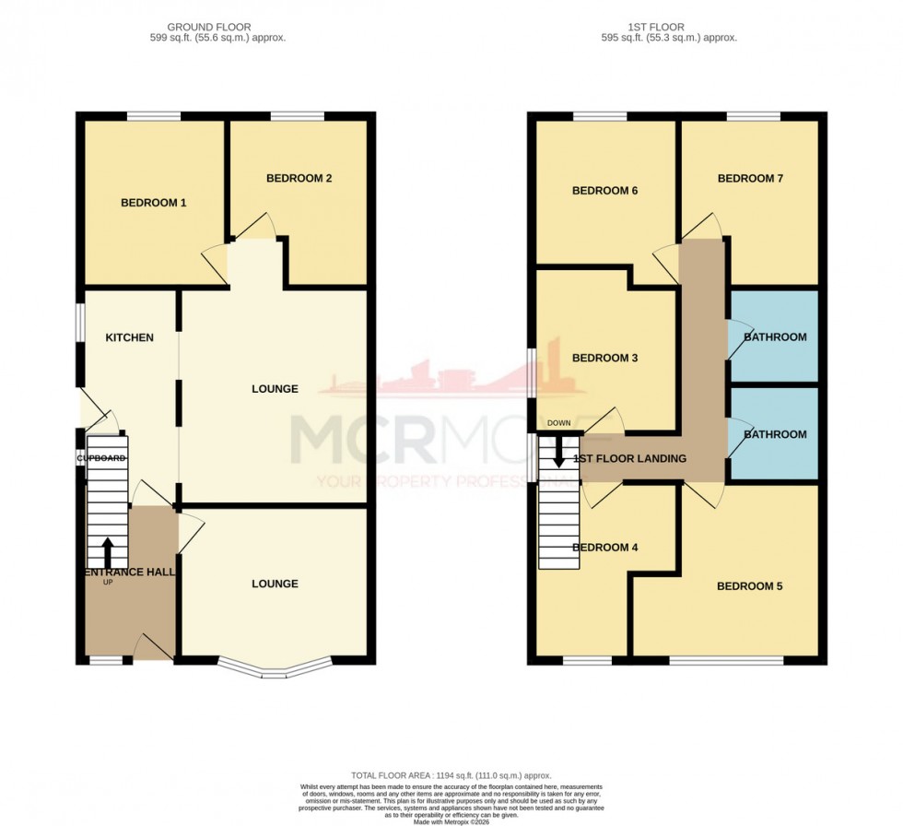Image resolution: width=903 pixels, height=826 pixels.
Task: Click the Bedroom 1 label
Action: point(154,203)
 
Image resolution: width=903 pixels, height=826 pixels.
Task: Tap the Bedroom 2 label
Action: point(299,179)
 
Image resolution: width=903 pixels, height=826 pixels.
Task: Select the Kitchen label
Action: point(129,337)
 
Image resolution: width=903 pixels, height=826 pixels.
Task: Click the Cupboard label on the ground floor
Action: point(100,458)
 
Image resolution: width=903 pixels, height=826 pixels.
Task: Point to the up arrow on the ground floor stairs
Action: point(107,551)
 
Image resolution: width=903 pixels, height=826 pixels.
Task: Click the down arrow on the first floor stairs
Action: point(557,452)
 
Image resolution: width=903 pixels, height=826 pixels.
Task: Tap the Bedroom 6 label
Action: point(605,191)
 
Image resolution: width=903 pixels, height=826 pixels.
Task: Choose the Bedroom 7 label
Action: point(750,179)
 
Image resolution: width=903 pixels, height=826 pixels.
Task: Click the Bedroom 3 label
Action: point(605,358)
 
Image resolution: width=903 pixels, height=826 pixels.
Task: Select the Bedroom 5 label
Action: point(750,586)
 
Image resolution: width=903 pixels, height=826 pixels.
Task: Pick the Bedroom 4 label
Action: point(605,548)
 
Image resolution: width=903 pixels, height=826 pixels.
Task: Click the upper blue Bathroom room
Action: point(775,337)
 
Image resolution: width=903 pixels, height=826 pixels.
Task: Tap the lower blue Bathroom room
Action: point(775,434)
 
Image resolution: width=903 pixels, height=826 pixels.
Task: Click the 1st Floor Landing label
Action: point(629,459)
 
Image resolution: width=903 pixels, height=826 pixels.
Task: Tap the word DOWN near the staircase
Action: point(558,423)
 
